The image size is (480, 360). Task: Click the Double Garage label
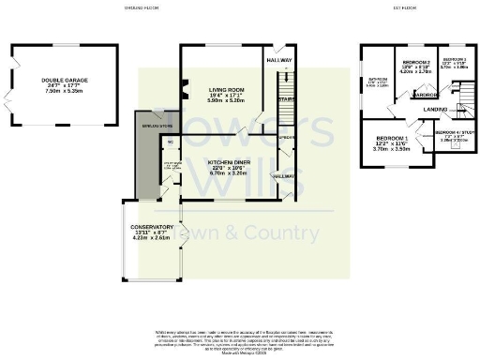coord(63,81)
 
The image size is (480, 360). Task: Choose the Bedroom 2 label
coord(414,63)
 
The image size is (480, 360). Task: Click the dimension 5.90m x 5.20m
coord(226,99)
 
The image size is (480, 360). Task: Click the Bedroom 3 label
coord(455,60)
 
